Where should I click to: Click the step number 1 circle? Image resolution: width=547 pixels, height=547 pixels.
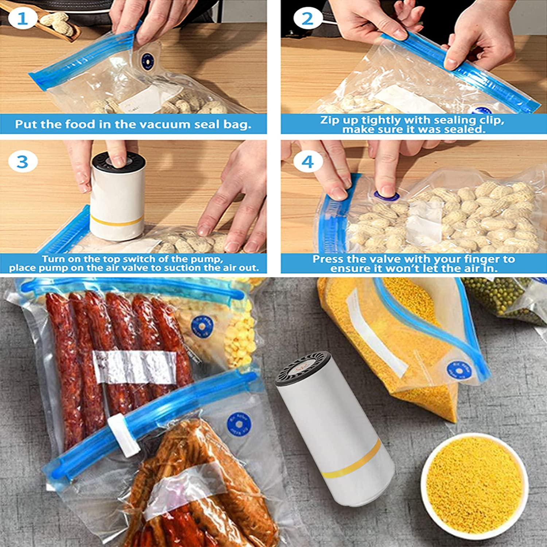coord(22,19)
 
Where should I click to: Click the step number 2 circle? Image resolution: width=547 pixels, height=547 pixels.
coord(307,19)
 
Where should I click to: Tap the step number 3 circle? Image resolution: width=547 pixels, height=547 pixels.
coord(22,162)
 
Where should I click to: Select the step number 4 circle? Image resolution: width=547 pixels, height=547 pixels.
coord(307,162)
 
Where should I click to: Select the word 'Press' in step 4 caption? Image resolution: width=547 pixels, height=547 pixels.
coord(327,259)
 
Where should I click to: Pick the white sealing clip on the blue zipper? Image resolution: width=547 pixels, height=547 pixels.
coord(124,435)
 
